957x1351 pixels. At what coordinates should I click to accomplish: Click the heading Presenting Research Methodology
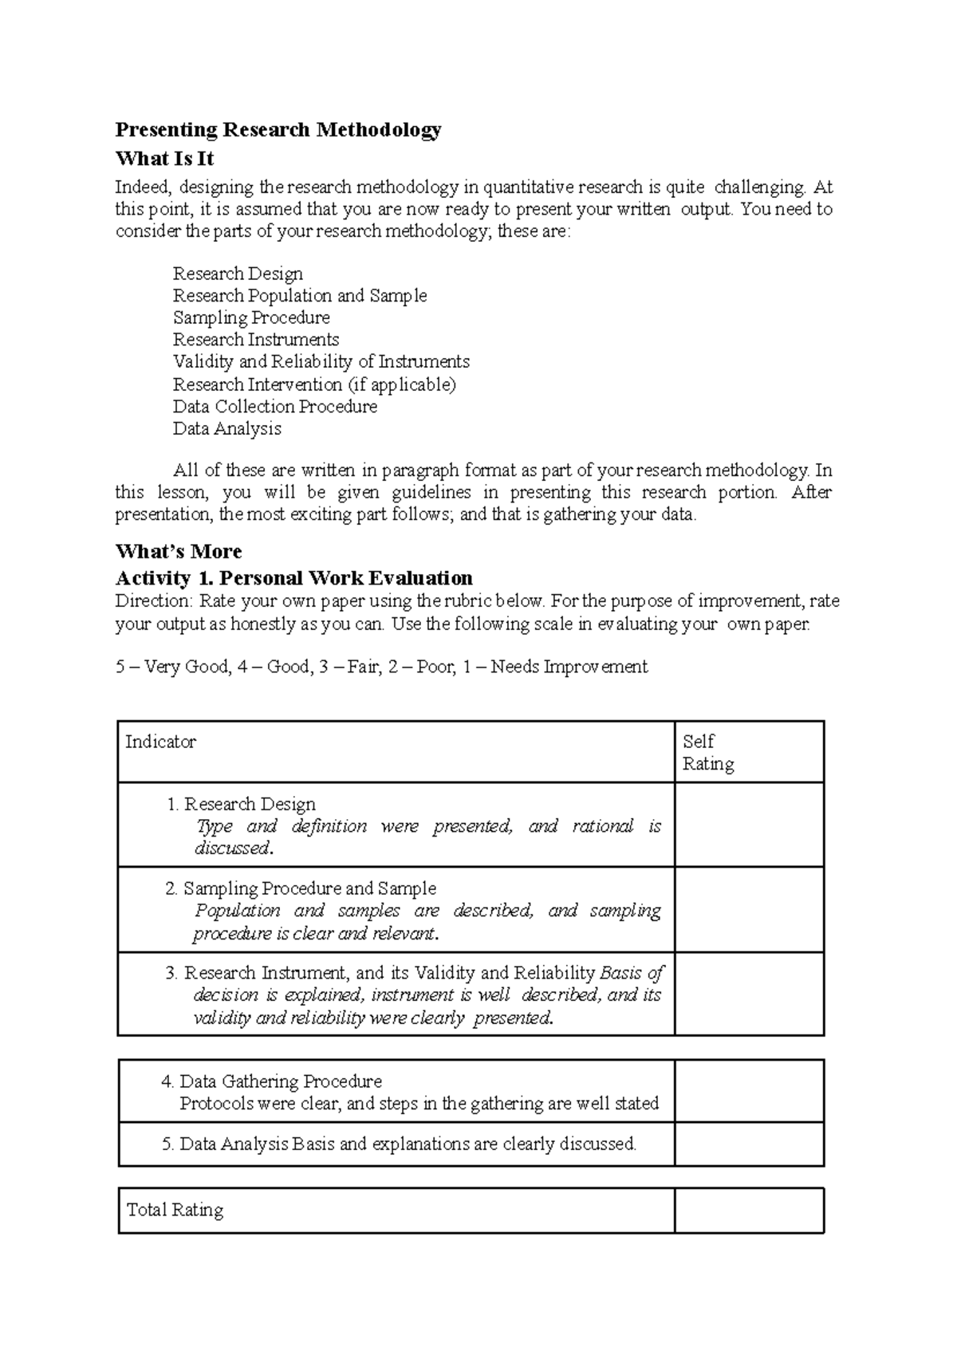(278, 129)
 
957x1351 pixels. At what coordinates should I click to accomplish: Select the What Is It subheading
(164, 158)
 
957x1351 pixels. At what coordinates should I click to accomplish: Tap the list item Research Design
(238, 274)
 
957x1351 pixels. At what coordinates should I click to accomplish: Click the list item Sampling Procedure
(251, 317)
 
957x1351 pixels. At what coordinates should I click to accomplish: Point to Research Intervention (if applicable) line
(314, 384)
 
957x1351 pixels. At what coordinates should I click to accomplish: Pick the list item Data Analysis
(226, 428)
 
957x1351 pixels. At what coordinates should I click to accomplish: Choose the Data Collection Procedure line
(274, 407)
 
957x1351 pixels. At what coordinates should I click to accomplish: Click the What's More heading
(179, 551)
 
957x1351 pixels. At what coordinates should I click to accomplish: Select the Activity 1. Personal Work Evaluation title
(293, 577)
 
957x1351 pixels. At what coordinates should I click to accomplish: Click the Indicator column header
(160, 742)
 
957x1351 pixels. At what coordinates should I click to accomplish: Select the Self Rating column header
(707, 752)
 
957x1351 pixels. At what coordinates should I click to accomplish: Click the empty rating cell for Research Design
(749, 825)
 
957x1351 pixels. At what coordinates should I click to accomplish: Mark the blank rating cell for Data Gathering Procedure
(749, 1091)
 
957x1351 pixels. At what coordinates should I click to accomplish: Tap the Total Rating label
(175, 1210)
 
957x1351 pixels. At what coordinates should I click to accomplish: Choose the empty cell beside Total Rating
(749, 1210)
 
